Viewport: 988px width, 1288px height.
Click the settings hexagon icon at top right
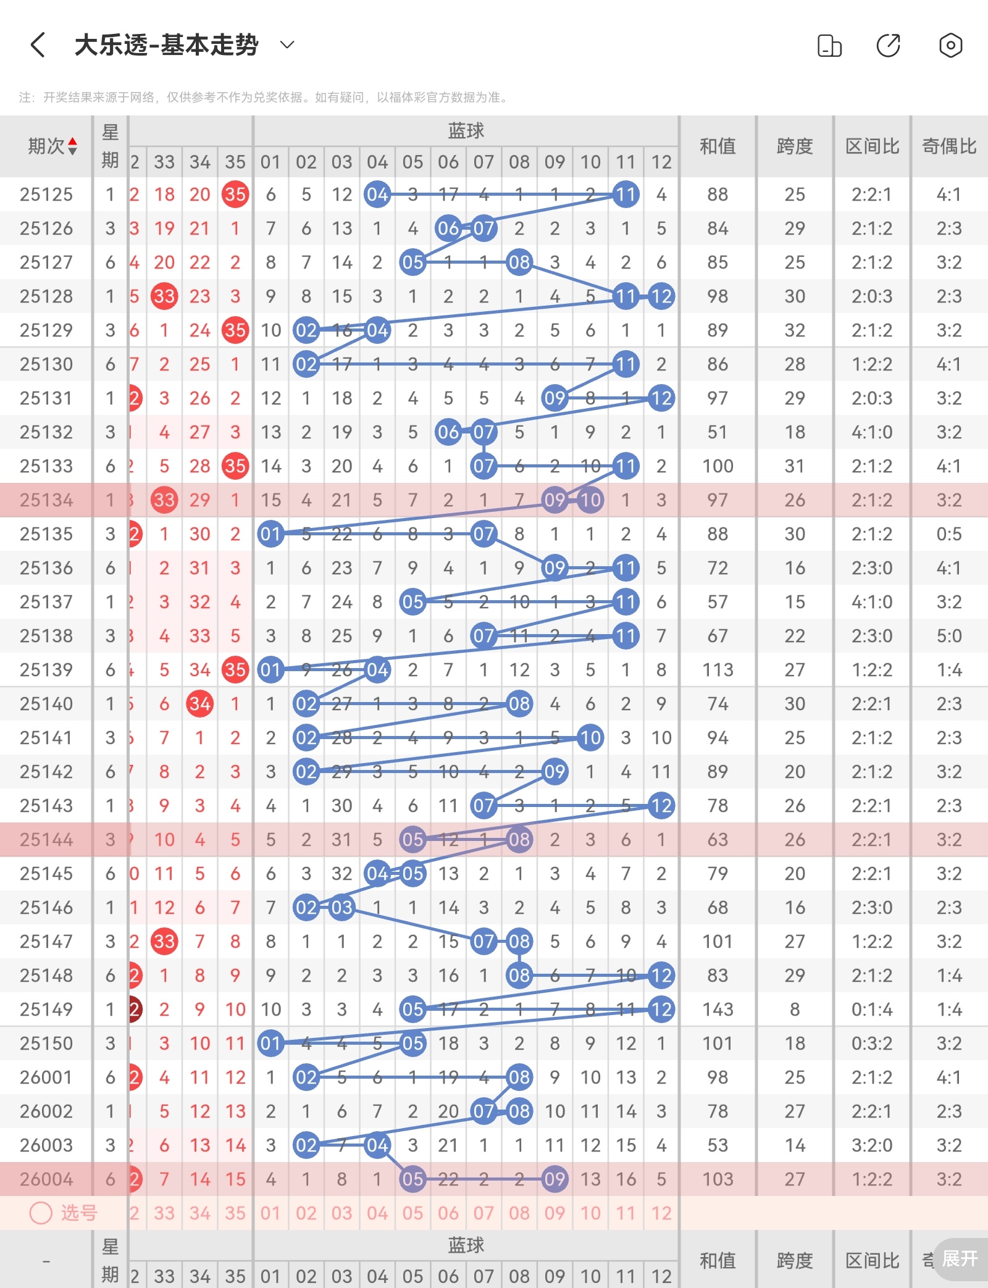pos(950,45)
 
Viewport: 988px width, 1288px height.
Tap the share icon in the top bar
pos(889,45)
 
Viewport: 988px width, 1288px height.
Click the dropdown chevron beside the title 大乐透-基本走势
pos(287,44)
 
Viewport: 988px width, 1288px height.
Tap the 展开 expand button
pos(960,1258)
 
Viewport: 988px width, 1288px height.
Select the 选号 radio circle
pos(41,1213)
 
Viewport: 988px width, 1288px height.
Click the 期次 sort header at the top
pos(52,146)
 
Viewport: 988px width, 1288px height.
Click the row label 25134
pos(46,500)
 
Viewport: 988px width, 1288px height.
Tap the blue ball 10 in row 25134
pos(590,500)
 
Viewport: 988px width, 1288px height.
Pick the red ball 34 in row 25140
pos(200,704)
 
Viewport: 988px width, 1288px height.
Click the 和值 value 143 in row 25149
pos(718,1010)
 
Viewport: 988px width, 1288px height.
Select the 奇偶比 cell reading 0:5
pos(949,534)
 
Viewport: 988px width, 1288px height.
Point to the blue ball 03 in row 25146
pos(342,908)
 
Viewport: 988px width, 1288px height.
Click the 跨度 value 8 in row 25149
pos(795,1010)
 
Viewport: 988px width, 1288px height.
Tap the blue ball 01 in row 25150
pos(270,1043)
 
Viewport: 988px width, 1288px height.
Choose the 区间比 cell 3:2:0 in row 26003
pos(872,1145)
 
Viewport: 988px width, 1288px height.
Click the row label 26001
pos(46,1077)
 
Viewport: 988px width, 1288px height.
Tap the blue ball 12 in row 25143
pos(661,806)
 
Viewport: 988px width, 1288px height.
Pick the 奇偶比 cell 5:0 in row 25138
pos(949,636)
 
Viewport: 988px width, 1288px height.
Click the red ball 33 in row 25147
pos(164,942)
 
